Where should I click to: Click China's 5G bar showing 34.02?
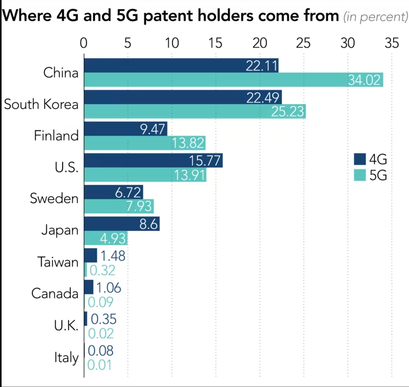[233, 80]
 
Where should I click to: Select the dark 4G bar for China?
[181, 65]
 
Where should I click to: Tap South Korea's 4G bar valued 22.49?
[182, 97]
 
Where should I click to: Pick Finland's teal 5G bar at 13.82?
[144, 143]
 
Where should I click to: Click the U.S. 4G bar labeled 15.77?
[153, 160]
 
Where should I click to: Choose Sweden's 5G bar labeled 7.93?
[118, 206]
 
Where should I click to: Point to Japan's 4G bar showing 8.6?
[121, 223]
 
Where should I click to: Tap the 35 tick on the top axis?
[391, 43]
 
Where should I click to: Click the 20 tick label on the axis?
[259, 43]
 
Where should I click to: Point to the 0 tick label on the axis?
[84, 43]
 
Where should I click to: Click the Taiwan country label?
[58, 262]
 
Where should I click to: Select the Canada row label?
[55, 293]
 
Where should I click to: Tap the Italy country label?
[66, 357]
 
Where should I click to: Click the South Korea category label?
[41, 104]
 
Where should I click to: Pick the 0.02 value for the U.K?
[101, 334]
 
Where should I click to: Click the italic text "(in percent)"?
[375, 17]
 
